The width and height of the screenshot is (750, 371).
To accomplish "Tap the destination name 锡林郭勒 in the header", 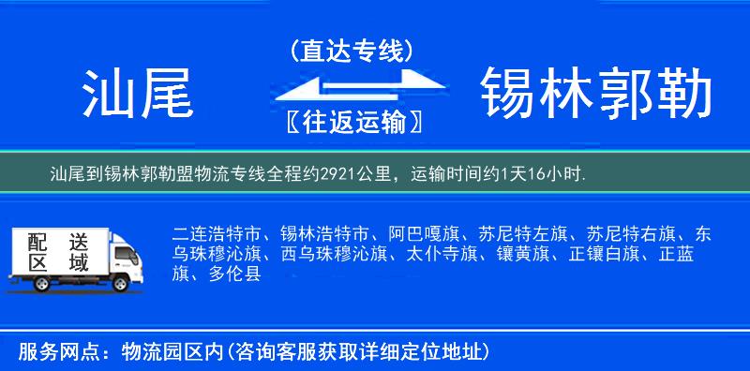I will pos(596,93).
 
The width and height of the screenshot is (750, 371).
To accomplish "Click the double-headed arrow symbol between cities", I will pos(352,87).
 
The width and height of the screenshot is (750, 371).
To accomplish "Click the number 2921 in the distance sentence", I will pos(338,174).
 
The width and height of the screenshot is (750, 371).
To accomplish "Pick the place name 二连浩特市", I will pos(207,233).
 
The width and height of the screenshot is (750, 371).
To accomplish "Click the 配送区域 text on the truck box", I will pos(57,252).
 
